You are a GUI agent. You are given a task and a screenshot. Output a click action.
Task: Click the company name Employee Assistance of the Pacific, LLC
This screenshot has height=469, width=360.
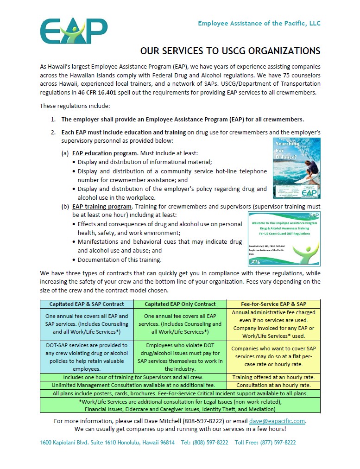click(x=259, y=23)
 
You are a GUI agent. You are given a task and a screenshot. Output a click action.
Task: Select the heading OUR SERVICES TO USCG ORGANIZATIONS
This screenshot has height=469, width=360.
click(x=230, y=51)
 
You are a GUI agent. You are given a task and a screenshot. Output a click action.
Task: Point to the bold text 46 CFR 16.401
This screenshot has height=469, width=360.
click(x=100, y=92)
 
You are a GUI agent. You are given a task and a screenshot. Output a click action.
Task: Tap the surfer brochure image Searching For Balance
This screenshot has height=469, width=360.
click(x=297, y=168)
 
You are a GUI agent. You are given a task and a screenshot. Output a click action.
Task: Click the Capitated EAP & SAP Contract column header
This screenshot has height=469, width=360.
click(x=87, y=304)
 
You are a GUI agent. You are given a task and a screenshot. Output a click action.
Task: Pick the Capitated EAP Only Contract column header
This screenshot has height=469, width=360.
click(x=180, y=304)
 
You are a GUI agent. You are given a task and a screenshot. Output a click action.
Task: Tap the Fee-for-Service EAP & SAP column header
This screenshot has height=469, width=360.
click(x=273, y=304)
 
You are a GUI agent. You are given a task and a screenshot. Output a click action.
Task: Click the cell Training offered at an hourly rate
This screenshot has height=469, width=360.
click(x=273, y=377)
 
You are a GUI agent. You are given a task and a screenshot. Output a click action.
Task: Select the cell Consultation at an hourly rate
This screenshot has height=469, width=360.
click(x=273, y=385)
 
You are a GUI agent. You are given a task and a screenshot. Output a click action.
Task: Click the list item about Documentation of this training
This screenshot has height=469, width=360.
click(x=120, y=260)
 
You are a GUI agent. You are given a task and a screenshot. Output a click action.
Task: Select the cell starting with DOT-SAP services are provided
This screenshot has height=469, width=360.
click(x=87, y=357)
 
